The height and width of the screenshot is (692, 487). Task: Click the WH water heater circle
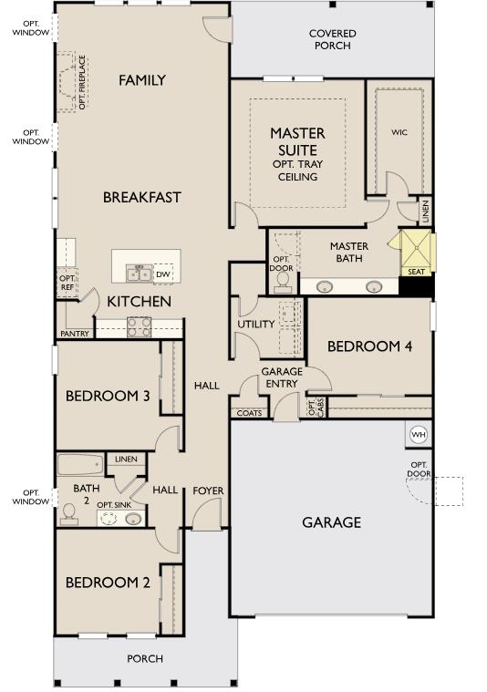(x=418, y=435)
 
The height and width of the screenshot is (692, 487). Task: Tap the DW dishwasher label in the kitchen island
(x=163, y=274)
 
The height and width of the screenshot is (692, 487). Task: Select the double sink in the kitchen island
(x=140, y=274)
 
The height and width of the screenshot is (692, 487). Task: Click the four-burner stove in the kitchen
(x=140, y=327)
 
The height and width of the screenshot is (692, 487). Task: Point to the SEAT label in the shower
(x=416, y=272)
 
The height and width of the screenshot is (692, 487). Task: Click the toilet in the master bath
(x=282, y=283)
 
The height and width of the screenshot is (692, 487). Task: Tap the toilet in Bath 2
(x=69, y=514)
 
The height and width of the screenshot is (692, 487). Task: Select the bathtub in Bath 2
(x=80, y=465)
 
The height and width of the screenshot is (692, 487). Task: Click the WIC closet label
(x=399, y=132)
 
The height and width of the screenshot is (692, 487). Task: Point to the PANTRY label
(x=75, y=334)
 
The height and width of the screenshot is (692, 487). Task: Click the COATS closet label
(x=250, y=413)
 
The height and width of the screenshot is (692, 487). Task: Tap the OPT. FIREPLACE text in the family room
(x=82, y=82)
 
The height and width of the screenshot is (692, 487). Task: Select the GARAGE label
(x=332, y=522)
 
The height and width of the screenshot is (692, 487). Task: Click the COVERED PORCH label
(x=333, y=39)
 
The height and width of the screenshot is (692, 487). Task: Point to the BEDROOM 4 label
(x=369, y=346)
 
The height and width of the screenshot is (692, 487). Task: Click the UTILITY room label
(x=256, y=324)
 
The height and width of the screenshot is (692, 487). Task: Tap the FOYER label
(x=208, y=491)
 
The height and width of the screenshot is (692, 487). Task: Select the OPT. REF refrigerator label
(x=67, y=283)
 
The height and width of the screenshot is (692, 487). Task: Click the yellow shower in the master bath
(x=416, y=249)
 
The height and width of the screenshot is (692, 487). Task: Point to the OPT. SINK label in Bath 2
(x=114, y=505)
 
